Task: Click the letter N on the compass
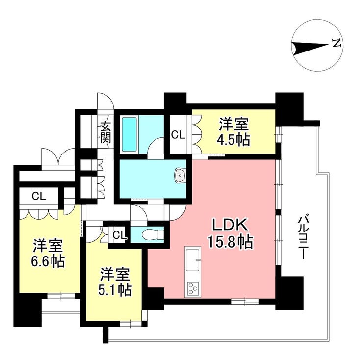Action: tap(337, 44)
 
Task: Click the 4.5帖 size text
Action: tap(233, 140)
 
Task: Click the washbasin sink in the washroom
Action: tap(180, 175)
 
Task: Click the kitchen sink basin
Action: tap(192, 256)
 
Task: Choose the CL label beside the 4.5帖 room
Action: tap(178, 134)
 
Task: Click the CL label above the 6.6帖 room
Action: tap(39, 196)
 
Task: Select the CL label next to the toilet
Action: tap(119, 235)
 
